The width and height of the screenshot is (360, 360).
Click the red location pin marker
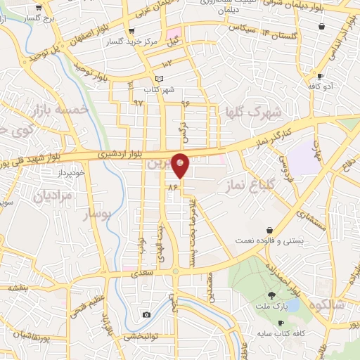coord(181,164)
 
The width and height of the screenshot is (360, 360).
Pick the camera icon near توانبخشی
coord(146,314)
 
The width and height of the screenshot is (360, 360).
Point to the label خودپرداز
coord(71,172)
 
